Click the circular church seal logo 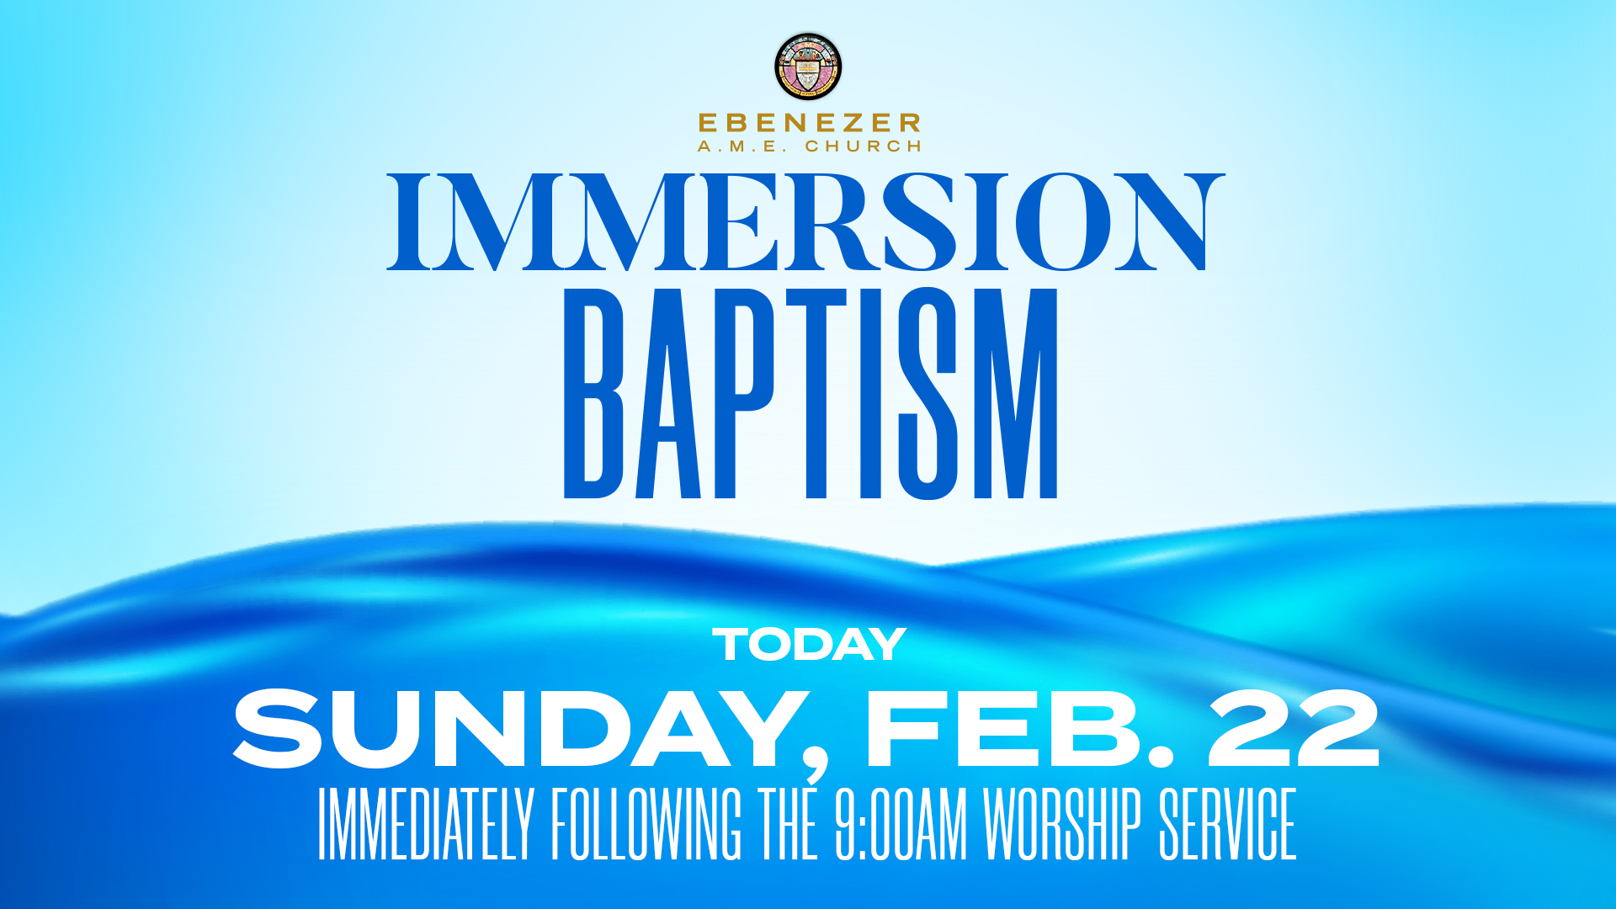click(x=808, y=66)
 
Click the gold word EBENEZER click(x=809, y=123)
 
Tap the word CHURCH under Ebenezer click(x=864, y=146)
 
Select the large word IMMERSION click(x=805, y=222)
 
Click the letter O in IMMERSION click(x=1062, y=222)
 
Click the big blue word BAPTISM click(x=810, y=394)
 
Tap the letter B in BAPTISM click(x=593, y=394)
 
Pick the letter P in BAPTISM click(x=742, y=394)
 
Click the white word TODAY click(x=809, y=646)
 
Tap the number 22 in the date click(x=1294, y=729)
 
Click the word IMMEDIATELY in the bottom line click(x=426, y=825)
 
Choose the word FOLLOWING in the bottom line click(x=646, y=825)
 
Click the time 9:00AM click(x=901, y=825)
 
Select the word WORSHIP click(x=1062, y=825)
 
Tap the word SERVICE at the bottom click(x=1228, y=825)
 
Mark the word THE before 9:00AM click(x=788, y=825)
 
